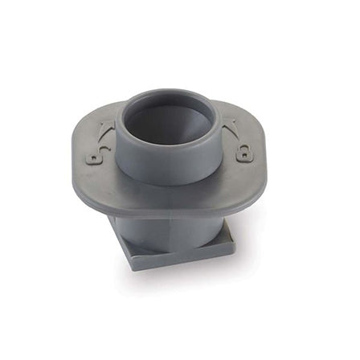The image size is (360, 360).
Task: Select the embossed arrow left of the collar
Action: pyautogui.click(x=106, y=129)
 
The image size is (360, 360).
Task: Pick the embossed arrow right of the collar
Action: pyautogui.click(x=231, y=127)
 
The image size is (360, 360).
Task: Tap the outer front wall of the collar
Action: pyautogui.click(x=166, y=165)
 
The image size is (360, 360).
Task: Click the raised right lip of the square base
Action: pyautogui.click(x=228, y=233)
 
